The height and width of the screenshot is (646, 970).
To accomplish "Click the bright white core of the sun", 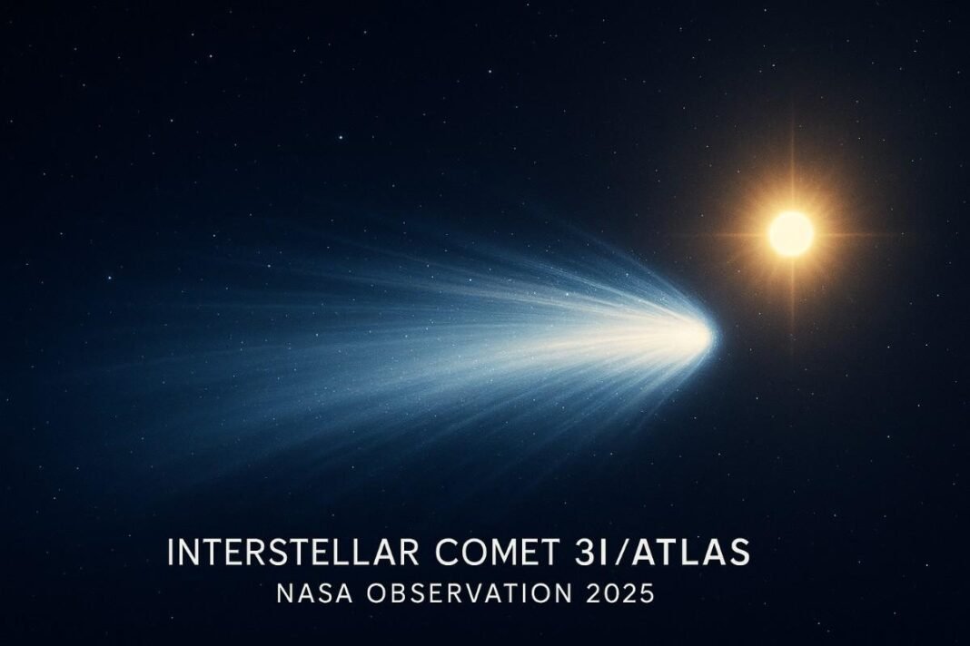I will click(x=791, y=233).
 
